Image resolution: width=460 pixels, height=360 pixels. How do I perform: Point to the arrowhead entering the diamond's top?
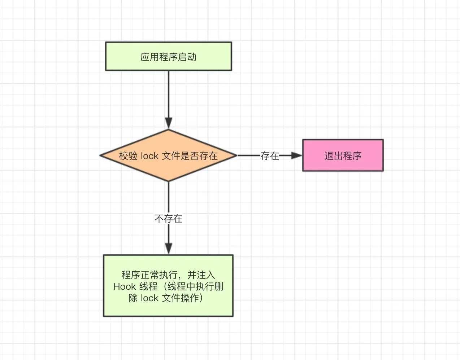tap(168, 123)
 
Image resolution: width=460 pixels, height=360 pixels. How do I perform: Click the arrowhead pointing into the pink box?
tap(296, 155)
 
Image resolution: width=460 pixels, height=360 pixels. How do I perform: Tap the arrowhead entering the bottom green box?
tap(168, 249)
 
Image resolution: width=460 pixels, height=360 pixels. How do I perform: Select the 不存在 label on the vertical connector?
tap(168, 219)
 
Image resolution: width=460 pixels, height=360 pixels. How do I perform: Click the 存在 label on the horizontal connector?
tap(270, 156)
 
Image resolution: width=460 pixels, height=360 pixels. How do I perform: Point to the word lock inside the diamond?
tap(149, 156)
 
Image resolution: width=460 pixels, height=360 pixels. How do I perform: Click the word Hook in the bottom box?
tap(124, 286)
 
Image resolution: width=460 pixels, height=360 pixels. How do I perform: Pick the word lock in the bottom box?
tap(149, 298)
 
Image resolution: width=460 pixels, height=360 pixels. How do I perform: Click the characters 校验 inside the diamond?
tap(128, 156)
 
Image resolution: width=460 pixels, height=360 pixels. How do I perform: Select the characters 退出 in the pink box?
tap(333, 156)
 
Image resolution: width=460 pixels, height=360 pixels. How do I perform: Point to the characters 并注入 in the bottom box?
tap(201, 275)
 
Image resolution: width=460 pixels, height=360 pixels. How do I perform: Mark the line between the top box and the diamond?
tap(168, 94)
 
